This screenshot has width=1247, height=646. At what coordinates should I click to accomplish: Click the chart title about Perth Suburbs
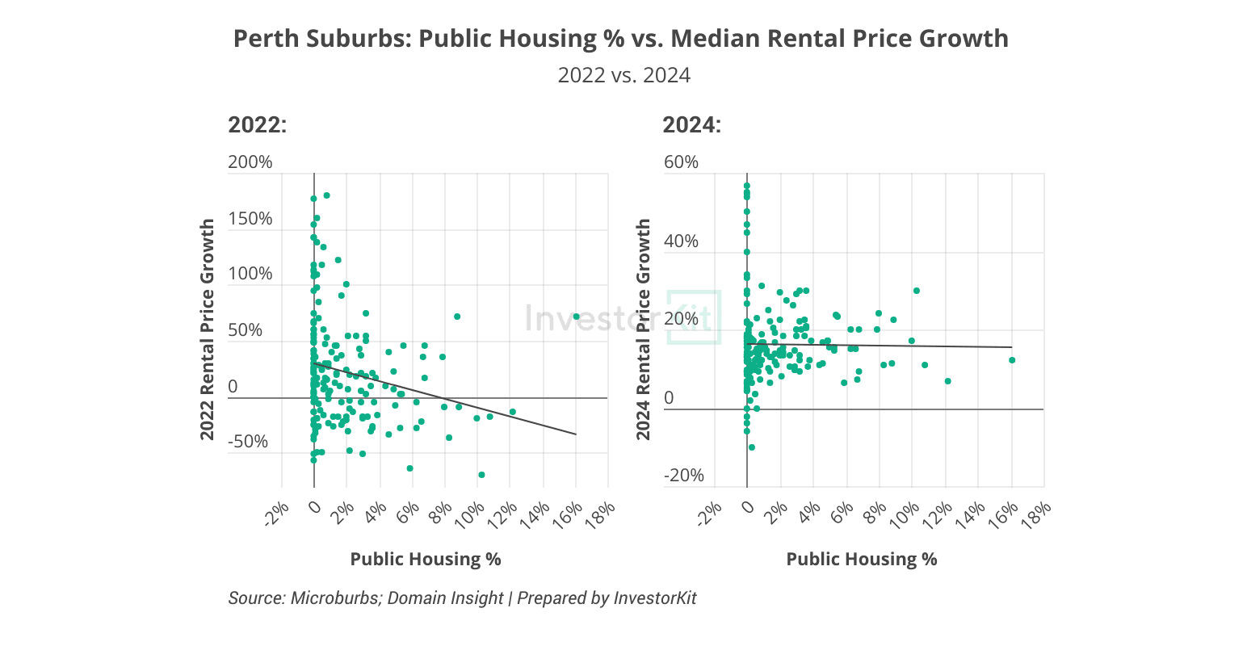620,39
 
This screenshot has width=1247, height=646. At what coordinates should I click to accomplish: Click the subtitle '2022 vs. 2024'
623,75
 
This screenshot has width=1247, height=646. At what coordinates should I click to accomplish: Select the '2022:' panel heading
258,125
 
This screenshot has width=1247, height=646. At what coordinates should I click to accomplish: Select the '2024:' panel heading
691,125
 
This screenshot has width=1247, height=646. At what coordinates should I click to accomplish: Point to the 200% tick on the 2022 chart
250,162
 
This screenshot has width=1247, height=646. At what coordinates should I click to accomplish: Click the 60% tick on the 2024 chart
681,162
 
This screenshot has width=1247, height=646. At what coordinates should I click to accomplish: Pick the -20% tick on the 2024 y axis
683,476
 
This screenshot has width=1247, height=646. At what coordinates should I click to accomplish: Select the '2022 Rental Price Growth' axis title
208,329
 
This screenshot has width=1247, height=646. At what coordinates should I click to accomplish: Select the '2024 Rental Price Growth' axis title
644,329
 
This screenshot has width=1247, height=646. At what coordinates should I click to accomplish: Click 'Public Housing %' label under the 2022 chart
426,560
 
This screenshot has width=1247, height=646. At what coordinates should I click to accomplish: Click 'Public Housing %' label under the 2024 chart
862,560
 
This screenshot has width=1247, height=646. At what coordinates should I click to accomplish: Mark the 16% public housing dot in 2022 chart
576,317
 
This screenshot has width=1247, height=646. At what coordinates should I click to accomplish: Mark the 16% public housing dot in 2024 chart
1011,360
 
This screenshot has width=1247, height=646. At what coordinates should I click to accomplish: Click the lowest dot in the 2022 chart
481,475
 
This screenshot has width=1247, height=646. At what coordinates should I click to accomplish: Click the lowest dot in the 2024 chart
752,447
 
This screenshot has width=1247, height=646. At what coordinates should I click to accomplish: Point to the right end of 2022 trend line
576,434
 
